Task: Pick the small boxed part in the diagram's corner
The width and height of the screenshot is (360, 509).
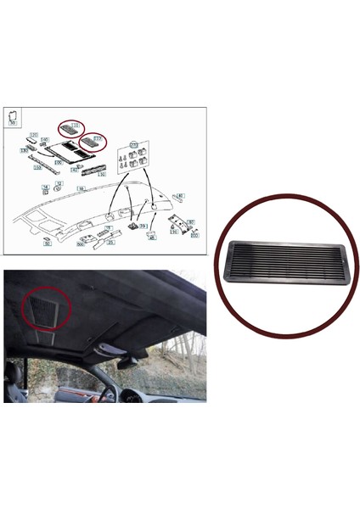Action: point(14,117)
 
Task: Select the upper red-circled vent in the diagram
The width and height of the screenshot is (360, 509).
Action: point(76,128)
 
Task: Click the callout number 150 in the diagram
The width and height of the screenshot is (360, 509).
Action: point(37,168)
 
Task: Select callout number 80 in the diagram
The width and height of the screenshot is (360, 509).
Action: point(193,222)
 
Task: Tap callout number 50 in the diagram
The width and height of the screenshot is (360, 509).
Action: point(48,243)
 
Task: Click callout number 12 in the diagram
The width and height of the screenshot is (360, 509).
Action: point(59,183)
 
